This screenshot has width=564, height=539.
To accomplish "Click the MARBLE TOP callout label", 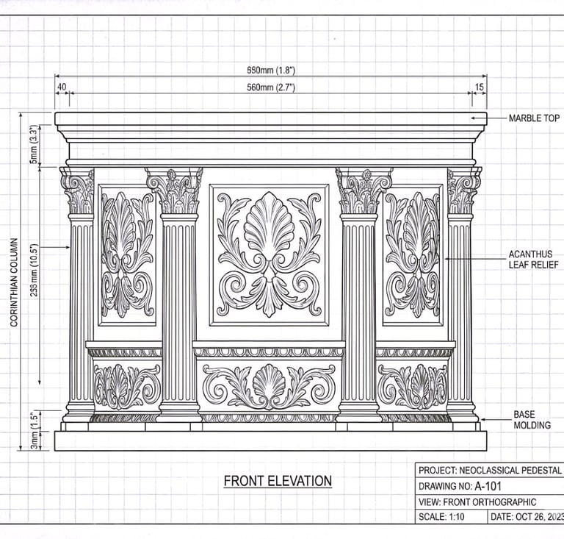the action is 534,118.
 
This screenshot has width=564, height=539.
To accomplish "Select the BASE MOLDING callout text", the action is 532,420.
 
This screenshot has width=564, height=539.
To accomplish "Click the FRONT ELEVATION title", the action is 278,482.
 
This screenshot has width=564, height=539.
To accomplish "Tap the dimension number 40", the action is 62,88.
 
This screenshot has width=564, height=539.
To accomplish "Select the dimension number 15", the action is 479,88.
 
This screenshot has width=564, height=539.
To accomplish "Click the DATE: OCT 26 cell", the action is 525,517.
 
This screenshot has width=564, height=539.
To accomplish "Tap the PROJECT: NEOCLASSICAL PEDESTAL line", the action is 489,470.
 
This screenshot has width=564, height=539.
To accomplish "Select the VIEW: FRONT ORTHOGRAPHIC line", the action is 477,501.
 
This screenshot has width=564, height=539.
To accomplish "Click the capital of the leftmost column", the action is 78,190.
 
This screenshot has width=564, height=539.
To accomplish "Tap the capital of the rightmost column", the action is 463,190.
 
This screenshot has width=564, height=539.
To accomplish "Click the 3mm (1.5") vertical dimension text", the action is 35,430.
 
